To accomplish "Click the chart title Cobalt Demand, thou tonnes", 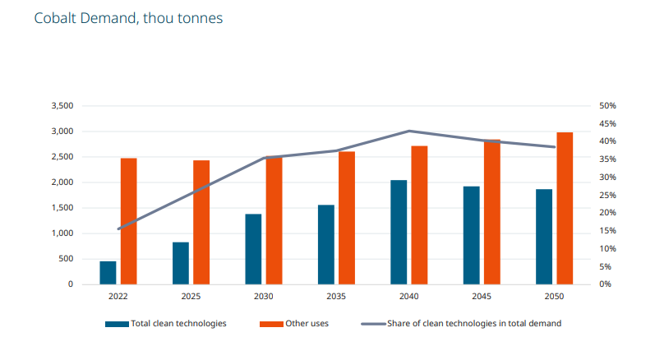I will pyautogui.click(x=128, y=18).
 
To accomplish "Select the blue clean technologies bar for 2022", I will pyautogui.click(x=108, y=273).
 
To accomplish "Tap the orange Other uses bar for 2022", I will pyautogui.click(x=129, y=221).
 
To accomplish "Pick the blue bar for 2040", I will pyautogui.click(x=399, y=232).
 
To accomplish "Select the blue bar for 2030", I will pyautogui.click(x=253, y=249).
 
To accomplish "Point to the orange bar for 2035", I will pyautogui.click(x=347, y=218).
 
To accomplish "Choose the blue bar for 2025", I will pyautogui.click(x=181, y=263).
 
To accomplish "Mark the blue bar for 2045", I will pyautogui.click(x=472, y=235).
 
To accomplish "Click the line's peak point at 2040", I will pyautogui.click(x=409, y=131).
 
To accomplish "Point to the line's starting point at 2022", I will pyautogui.click(x=119, y=228).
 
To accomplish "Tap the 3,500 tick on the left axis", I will pyautogui.click(x=62, y=106).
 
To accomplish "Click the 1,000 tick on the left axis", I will pyautogui.click(x=62, y=233).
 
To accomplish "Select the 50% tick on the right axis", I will pyautogui.click(x=607, y=106).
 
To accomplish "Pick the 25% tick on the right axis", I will pyautogui.click(x=607, y=196).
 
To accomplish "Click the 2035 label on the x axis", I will pyautogui.click(x=336, y=296).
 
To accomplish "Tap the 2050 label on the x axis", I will pyautogui.click(x=554, y=296).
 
